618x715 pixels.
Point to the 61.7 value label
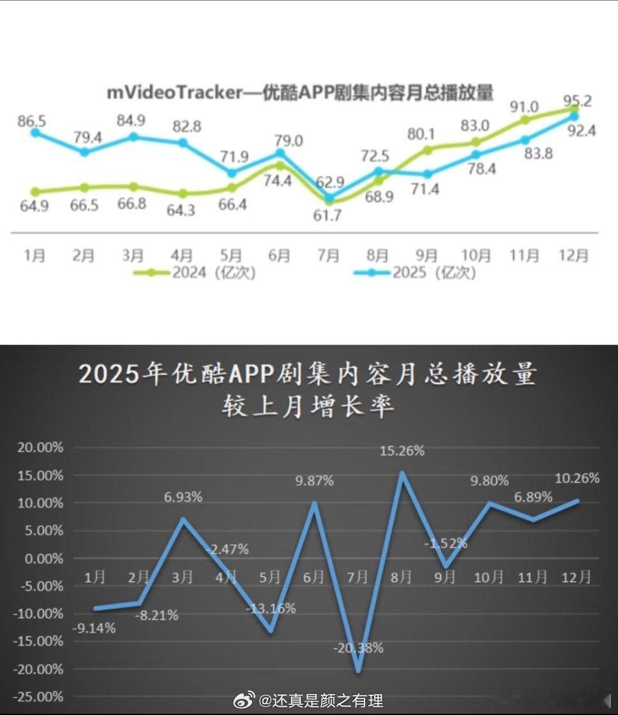pyautogui.click(x=328, y=215)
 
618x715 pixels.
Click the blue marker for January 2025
pyautogui.click(x=35, y=133)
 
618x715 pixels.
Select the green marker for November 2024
pyautogui.click(x=525, y=119)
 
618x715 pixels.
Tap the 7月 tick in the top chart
pyautogui.click(x=328, y=255)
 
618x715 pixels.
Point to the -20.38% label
pyautogui.click(x=358, y=649)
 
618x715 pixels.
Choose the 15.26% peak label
pyautogui.click(x=402, y=451)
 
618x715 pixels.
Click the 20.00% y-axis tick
pyautogui.click(x=41, y=448)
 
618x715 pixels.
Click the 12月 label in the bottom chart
pyautogui.click(x=575, y=577)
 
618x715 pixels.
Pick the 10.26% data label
pyautogui.click(x=577, y=478)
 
